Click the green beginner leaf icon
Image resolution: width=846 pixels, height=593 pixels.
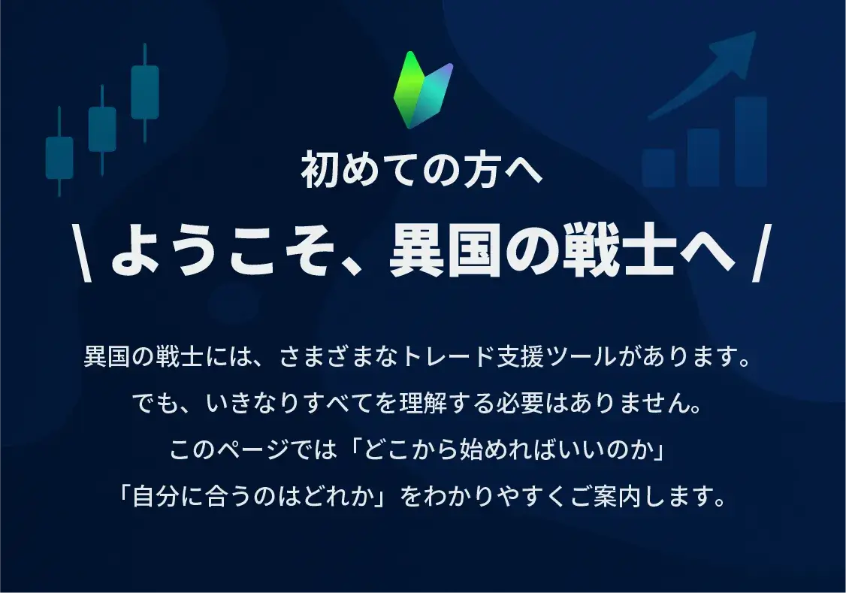click(x=423, y=89)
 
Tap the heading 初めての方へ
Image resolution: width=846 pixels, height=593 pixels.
click(x=421, y=171)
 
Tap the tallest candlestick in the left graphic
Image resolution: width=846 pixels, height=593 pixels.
click(x=144, y=92)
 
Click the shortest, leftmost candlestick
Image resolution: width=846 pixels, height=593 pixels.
click(x=59, y=152)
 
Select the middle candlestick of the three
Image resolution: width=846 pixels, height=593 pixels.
click(x=102, y=129)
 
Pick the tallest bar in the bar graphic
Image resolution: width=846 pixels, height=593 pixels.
click(x=751, y=142)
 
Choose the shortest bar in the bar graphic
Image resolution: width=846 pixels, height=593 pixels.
click(x=659, y=168)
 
